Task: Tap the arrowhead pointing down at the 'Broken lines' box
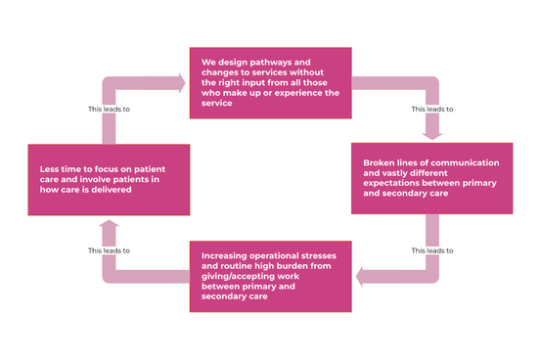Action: point(431,133)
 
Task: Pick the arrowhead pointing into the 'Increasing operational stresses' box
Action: point(362,277)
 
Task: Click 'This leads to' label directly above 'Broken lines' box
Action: point(431,108)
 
